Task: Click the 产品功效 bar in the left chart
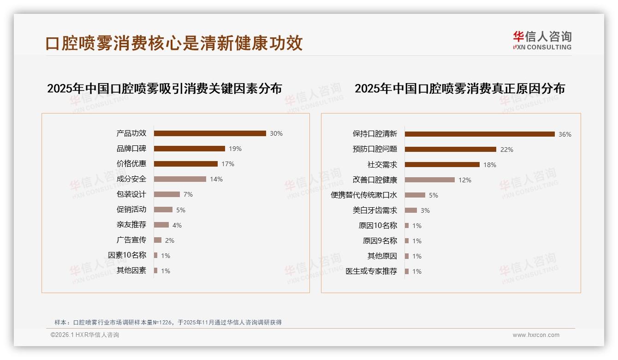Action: (x=210, y=133)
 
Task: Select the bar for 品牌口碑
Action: (x=189, y=149)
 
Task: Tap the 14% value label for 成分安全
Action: (x=216, y=179)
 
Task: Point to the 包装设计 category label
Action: (x=131, y=194)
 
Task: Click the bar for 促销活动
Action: (x=163, y=210)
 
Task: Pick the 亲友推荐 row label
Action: (x=131, y=225)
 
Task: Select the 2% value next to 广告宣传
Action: (x=170, y=240)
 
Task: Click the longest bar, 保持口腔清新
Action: (x=480, y=134)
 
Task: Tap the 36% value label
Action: (x=565, y=134)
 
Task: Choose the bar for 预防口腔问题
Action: (x=451, y=150)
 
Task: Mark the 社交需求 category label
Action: (x=382, y=165)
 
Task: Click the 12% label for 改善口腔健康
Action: (x=465, y=180)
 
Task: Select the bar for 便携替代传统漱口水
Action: (x=415, y=195)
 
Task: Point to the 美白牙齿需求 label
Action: (x=375, y=210)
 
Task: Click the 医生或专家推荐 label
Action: (x=371, y=271)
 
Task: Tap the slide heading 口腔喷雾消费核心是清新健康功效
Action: (x=174, y=43)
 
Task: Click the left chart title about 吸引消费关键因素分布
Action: (x=164, y=88)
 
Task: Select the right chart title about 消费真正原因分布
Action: (x=460, y=88)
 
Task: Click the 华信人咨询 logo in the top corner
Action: (x=542, y=40)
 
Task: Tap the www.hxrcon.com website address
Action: (x=536, y=335)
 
